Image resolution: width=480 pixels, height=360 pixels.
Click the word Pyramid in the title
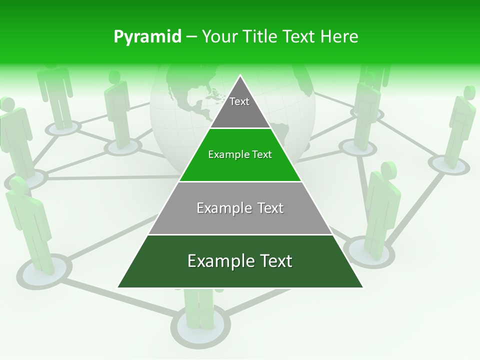[147, 36]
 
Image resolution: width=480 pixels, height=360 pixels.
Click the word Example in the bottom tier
[217, 261]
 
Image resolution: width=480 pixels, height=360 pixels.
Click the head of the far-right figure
[469, 92]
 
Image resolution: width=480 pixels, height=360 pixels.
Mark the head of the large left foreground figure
[18, 185]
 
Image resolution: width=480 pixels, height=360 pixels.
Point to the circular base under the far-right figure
[448, 164]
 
